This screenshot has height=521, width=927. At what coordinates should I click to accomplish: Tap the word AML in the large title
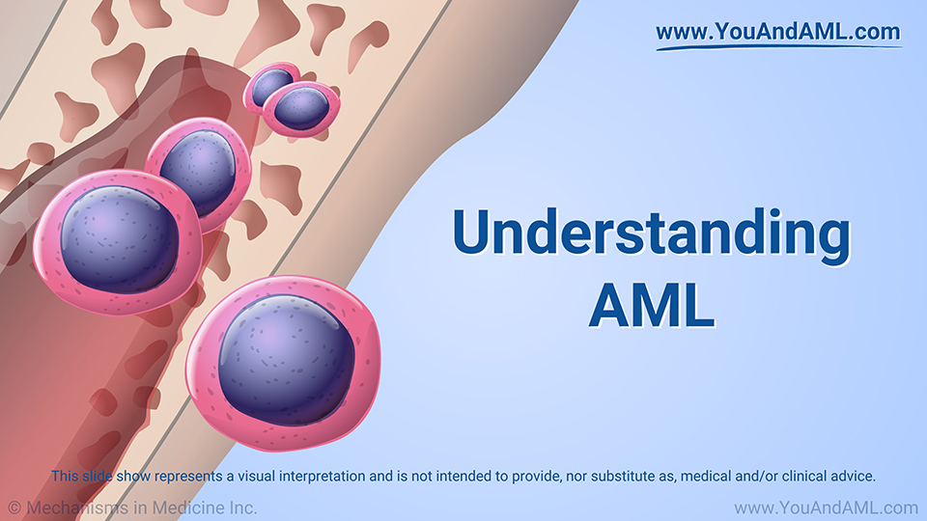[x=652, y=305]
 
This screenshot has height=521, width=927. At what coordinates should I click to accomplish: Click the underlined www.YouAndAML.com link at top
[x=778, y=32]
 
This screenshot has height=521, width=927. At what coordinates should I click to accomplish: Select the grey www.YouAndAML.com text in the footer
[x=826, y=507]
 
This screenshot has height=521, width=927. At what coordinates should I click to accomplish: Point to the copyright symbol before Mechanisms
[x=14, y=507]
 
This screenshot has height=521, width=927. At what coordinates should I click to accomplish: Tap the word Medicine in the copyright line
[x=184, y=507]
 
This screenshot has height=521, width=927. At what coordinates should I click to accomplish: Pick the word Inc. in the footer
[x=240, y=507]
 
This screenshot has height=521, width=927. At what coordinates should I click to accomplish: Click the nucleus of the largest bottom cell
[x=286, y=357]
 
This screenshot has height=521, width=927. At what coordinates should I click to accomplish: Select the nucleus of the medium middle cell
[x=198, y=171]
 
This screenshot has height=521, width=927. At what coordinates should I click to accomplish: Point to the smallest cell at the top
[x=270, y=85]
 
